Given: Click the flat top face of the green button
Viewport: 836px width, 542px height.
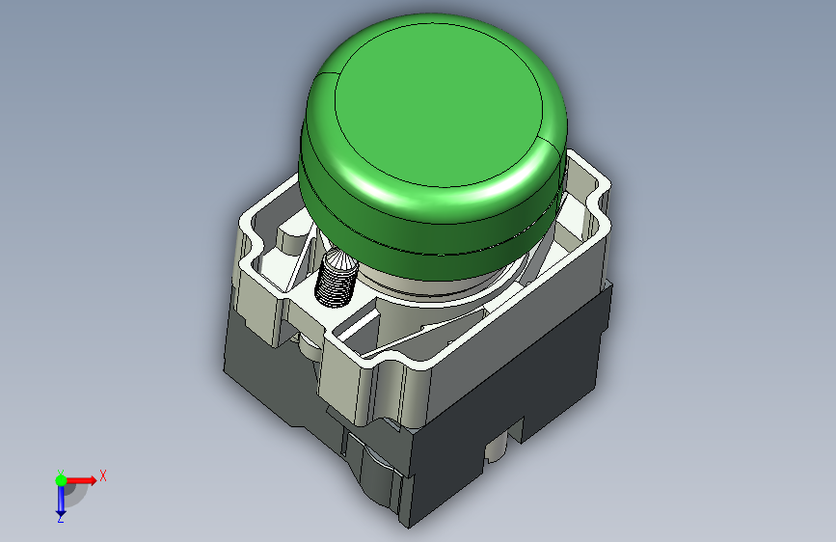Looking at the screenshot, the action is coord(439,105).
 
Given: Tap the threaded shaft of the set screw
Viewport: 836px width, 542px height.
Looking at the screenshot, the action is coord(335,286).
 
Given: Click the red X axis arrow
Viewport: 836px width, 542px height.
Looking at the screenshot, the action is coord(80,480).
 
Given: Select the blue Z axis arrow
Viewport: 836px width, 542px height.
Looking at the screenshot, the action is coord(61,501).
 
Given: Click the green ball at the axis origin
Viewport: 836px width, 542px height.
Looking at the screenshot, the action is coord(61,480).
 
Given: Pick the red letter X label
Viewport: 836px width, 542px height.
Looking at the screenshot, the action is coord(103,475).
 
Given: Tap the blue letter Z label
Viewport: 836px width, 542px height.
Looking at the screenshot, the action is coord(61,518).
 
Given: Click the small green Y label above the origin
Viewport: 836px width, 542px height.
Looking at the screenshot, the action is coord(61,473).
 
